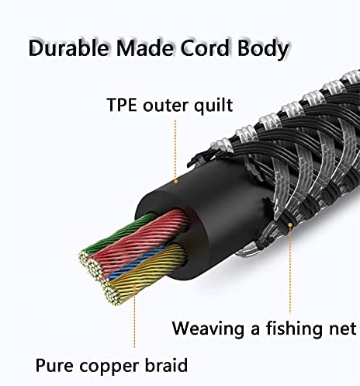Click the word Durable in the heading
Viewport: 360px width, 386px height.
[68, 48]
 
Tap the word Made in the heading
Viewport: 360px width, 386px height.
[145, 48]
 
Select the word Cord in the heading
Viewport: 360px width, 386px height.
[205, 48]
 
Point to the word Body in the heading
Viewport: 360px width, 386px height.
[263, 50]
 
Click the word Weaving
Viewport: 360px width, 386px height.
[208, 329]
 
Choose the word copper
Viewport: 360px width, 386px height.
[109, 367]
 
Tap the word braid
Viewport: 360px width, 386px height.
[166, 365]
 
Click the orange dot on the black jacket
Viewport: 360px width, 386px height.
[176, 182]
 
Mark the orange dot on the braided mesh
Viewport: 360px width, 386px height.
[290, 225]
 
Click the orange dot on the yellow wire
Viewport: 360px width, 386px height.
[134, 287]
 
